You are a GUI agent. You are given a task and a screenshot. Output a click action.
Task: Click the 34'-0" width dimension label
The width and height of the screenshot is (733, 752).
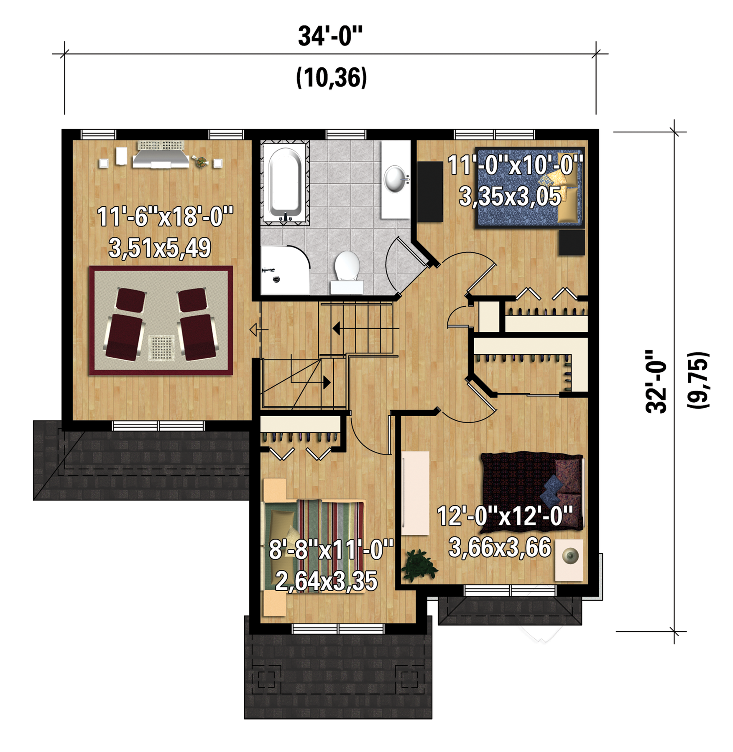pyautogui.click(x=330, y=36)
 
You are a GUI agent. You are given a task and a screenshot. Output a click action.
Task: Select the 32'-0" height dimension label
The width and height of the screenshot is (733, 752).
pyautogui.click(x=656, y=382)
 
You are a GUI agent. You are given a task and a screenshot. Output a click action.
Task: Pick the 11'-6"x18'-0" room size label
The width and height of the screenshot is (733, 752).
pyautogui.click(x=165, y=217)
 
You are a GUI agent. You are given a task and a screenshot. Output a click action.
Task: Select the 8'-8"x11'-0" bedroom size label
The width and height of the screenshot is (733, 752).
pyautogui.click(x=331, y=549)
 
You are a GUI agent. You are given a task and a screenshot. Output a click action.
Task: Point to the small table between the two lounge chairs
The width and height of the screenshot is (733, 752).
pyautogui.click(x=161, y=348)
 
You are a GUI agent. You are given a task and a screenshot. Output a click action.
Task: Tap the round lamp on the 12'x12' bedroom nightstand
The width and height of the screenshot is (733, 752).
pyautogui.click(x=570, y=556)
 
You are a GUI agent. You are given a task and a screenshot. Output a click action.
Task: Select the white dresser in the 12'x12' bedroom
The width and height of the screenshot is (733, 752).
pyautogui.click(x=415, y=493)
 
